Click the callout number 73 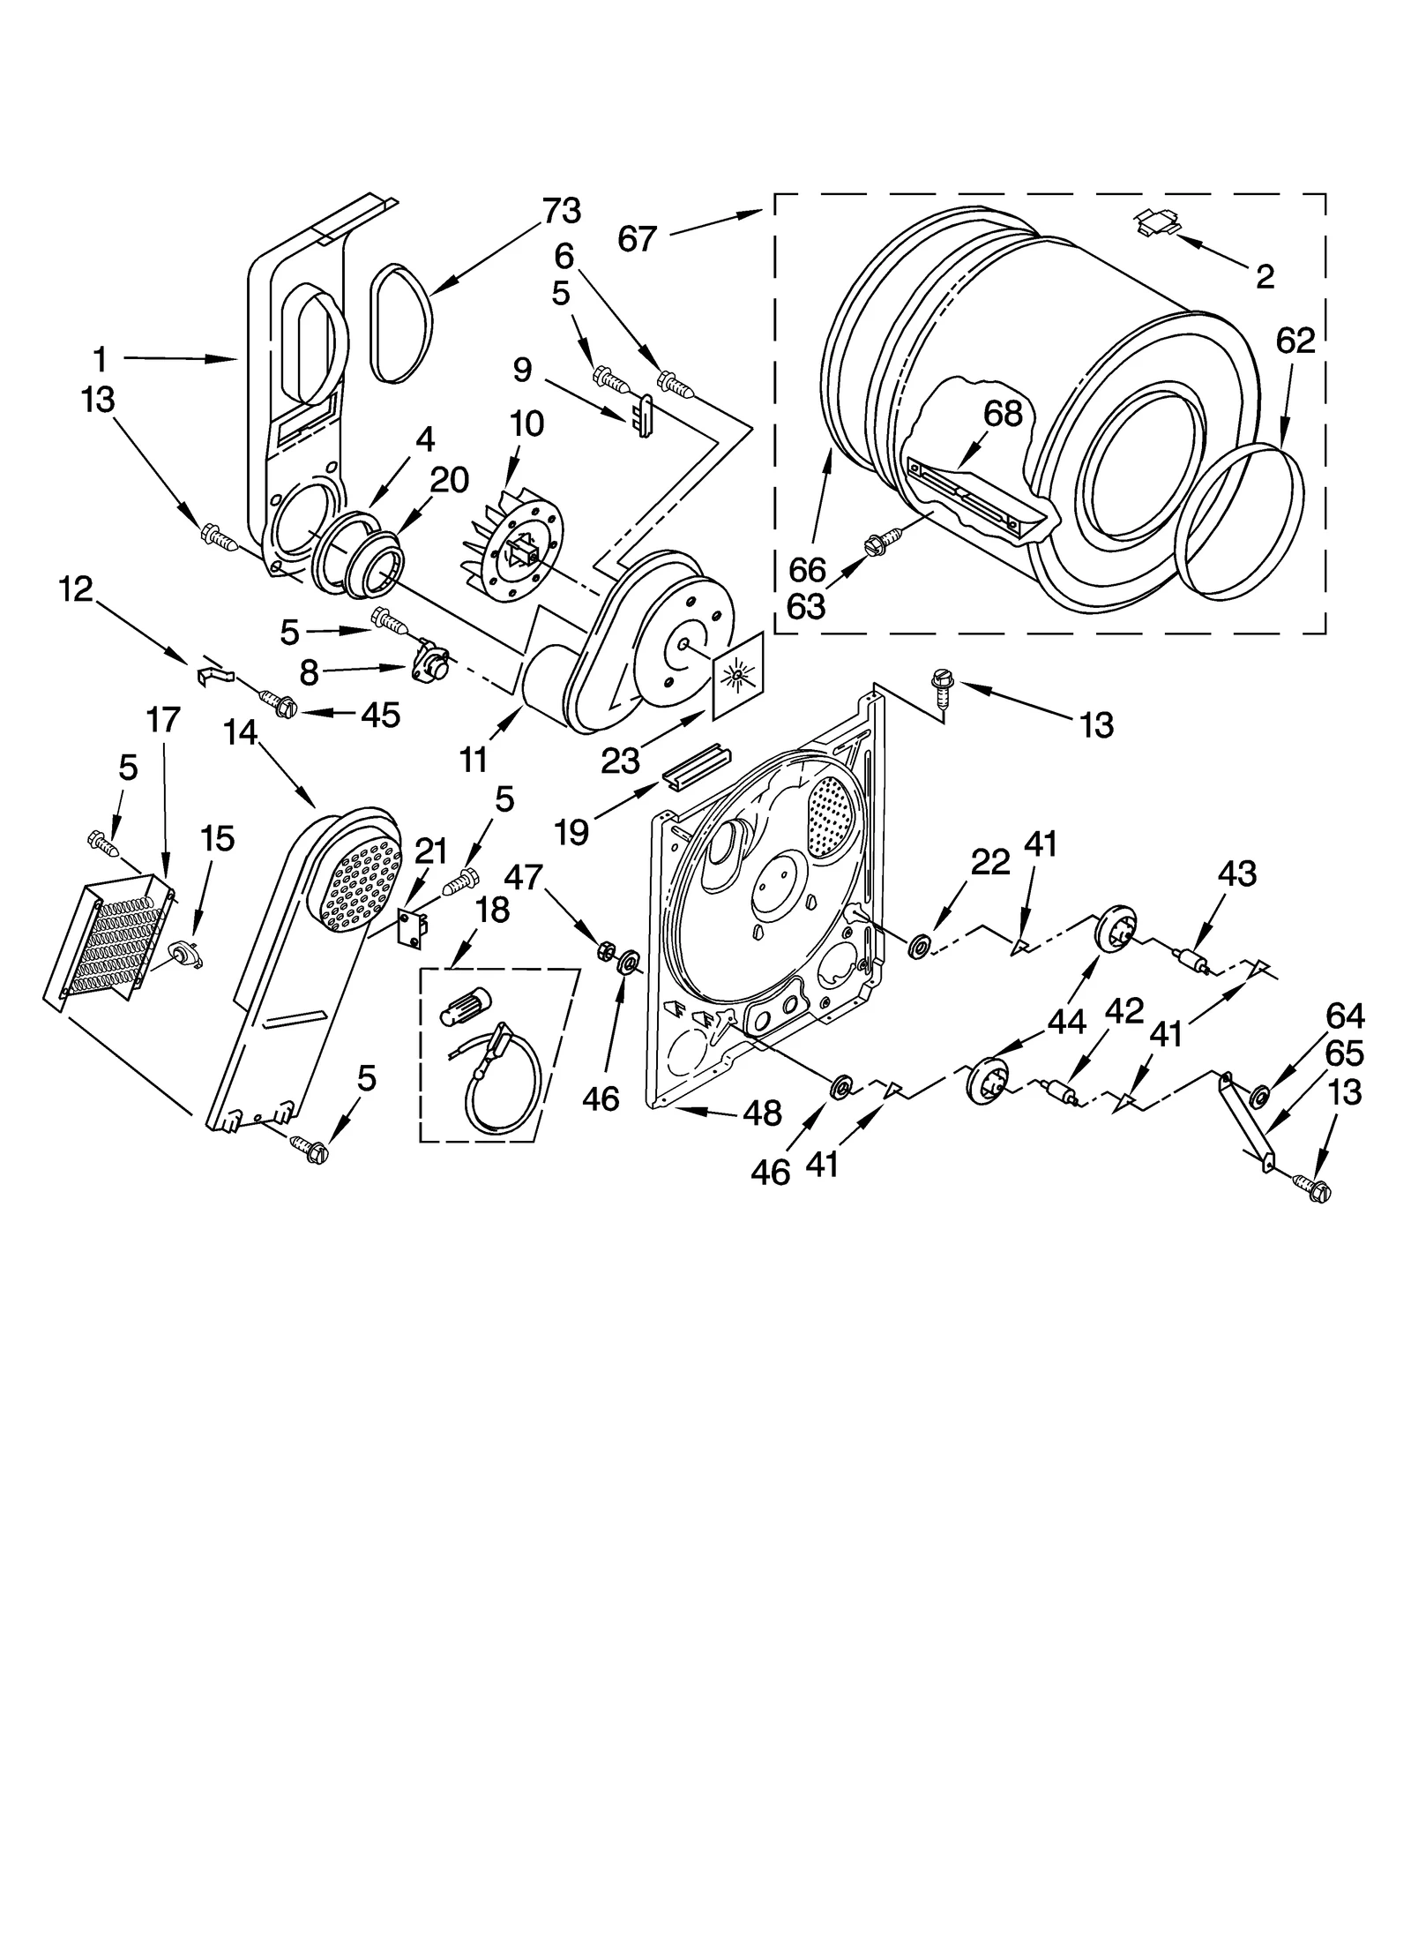(x=561, y=211)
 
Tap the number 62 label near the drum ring (x=1295, y=341)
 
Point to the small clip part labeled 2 (x=1157, y=222)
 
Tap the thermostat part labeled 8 (x=429, y=663)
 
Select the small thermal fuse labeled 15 (x=185, y=954)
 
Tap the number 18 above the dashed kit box (x=492, y=911)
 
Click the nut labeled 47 (x=606, y=950)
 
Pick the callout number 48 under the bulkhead (x=762, y=1113)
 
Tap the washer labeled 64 (x=1259, y=1097)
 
